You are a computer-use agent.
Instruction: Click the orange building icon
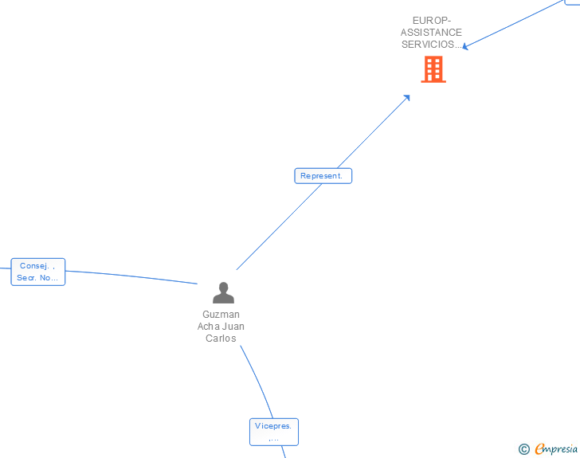(433, 69)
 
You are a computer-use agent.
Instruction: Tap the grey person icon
(224, 293)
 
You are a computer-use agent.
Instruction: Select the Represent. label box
(323, 176)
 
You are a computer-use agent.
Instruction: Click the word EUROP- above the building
(431, 21)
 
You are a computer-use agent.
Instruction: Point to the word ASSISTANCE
(431, 33)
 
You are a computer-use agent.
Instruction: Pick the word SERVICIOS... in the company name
(431, 45)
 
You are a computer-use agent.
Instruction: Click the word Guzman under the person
(221, 315)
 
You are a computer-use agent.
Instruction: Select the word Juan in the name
(233, 327)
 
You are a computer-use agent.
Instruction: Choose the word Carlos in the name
(221, 339)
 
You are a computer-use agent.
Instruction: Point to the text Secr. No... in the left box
(37, 278)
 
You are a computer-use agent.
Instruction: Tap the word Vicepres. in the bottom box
(273, 426)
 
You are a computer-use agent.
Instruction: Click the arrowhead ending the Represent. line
(407, 97)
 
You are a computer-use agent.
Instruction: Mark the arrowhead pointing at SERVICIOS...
(465, 47)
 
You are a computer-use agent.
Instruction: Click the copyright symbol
(523, 449)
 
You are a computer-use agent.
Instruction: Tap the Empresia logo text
(557, 449)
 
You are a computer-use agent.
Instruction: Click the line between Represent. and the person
(279, 227)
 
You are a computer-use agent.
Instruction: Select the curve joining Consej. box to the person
(131, 275)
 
